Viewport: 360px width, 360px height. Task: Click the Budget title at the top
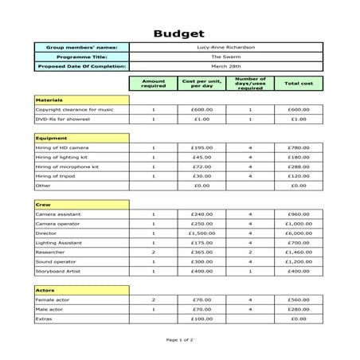point(179,33)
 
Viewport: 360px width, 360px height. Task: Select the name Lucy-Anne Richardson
point(225,48)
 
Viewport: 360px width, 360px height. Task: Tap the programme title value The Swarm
point(225,57)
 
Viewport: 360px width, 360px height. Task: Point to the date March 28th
point(225,67)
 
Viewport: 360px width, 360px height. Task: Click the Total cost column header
point(299,83)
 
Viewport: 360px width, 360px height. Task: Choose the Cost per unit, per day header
point(202,83)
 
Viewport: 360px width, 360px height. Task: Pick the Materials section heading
point(45,100)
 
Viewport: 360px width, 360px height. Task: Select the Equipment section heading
point(46,138)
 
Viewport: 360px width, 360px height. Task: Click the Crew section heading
point(42,205)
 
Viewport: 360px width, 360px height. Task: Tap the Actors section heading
point(44,290)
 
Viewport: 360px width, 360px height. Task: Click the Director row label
point(48,233)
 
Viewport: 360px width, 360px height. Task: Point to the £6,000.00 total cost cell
point(299,233)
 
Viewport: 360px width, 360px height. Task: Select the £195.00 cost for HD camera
point(202,147)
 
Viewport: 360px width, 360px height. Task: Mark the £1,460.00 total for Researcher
point(299,252)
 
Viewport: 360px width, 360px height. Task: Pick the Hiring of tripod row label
point(57,176)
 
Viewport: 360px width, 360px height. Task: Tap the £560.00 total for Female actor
point(299,299)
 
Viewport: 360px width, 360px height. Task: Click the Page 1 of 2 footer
point(179,339)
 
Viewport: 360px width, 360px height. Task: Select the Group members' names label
point(82,48)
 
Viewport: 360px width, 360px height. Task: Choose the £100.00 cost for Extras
point(202,319)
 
